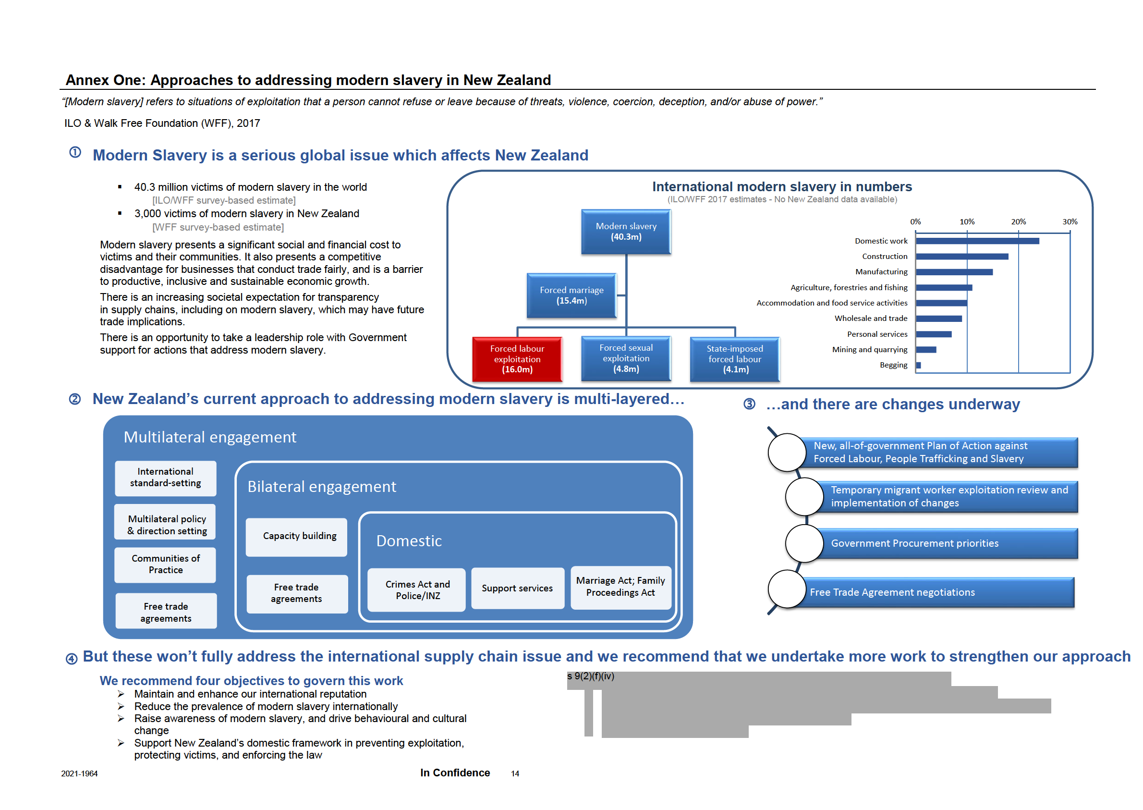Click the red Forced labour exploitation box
tap(517, 358)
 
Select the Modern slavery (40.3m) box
tap(626, 232)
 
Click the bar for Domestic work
tap(976, 241)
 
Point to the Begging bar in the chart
tap(918, 365)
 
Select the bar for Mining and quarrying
tap(925, 350)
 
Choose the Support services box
tap(517, 588)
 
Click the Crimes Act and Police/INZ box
tap(417, 589)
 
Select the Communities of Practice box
tap(166, 564)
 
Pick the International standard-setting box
tap(166, 478)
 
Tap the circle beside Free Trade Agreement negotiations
tap(786, 589)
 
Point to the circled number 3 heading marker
tap(749, 404)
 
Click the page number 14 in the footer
tap(514, 773)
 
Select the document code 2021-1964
tap(79, 773)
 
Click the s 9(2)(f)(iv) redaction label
tap(590, 676)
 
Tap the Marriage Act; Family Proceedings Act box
tap(620, 587)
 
